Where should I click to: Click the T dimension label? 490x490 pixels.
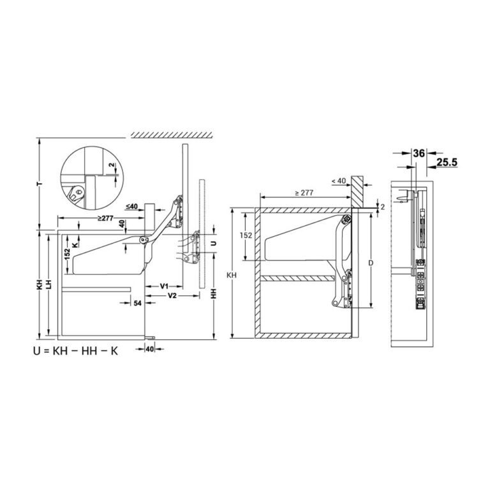pyautogui.click(x=40, y=184)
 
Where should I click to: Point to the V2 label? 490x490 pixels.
pyautogui.click(x=172, y=297)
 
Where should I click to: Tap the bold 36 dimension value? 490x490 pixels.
pyautogui.click(x=419, y=153)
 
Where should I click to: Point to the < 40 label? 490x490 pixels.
pyautogui.click(x=339, y=182)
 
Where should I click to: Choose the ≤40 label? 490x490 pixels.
pyautogui.click(x=132, y=206)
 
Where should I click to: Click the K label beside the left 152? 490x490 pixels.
pyautogui.click(x=75, y=244)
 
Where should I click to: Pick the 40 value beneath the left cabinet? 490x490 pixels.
pyautogui.click(x=149, y=349)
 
